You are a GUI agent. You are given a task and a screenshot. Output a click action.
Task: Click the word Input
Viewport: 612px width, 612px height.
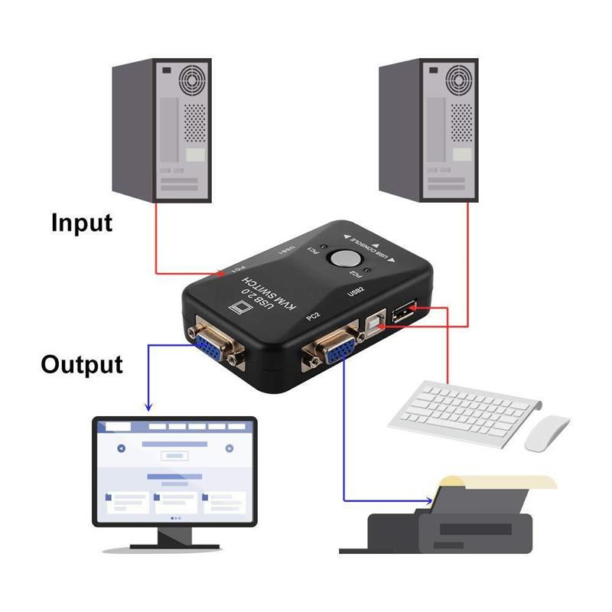click(x=82, y=223)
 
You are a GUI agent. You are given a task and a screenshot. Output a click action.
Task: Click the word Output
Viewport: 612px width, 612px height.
click(x=82, y=363)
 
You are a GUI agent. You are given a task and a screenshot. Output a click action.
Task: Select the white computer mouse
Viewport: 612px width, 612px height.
click(x=547, y=432)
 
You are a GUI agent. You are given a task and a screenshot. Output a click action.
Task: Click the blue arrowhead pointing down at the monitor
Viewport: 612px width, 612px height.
click(x=148, y=405)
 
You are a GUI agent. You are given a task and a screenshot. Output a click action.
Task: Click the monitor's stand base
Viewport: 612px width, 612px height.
click(x=174, y=545)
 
